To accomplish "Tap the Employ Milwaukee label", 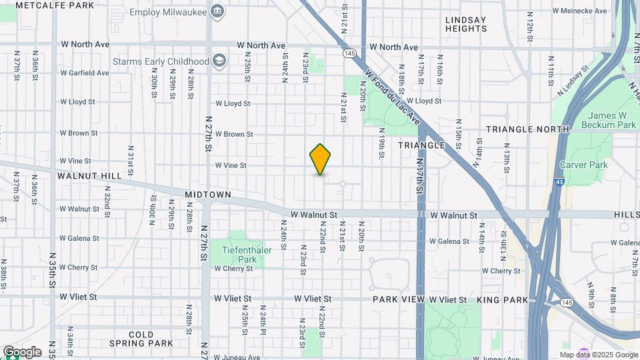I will pyautogui.click(x=167, y=11).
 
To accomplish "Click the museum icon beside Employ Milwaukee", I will pyautogui.click(x=217, y=11).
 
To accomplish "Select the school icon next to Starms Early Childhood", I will pyautogui.click(x=219, y=61).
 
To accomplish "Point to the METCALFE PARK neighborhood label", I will pyautogui.click(x=55, y=5).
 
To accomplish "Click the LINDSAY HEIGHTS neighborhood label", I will pyautogui.click(x=466, y=24).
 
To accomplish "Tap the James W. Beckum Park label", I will pyautogui.click(x=608, y=120).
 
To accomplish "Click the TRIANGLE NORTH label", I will pyautogui.click(x=527, y=129).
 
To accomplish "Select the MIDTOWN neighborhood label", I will pyautogui.click(x=208, y=195).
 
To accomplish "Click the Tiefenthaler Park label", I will pyautogui.click(x=238, y=253).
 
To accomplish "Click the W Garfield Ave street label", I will pyautogui.click(x=84, y=73).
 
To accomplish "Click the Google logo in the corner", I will pyautogui.click(x=22, y=351).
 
